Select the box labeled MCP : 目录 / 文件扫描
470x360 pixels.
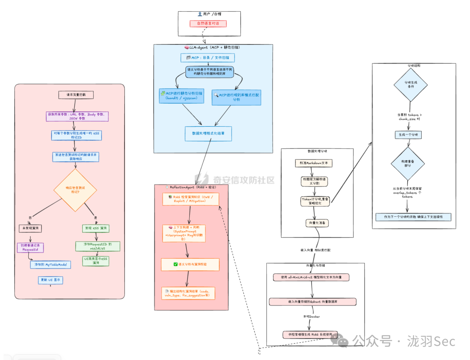point(208,57)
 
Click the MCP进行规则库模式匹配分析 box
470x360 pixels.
point(236,97)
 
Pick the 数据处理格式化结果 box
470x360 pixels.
point(208,134)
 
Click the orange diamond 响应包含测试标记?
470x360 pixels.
point(75,190)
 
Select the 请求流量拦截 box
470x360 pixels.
point(76,94)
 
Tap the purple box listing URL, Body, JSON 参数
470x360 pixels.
point(77,116)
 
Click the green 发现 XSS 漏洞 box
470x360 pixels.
point(96,228)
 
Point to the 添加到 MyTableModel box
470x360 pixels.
point(50,264)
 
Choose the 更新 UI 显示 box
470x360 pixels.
point(50,280)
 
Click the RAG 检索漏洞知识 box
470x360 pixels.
point(190,199)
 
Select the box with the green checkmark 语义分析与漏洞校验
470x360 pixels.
point(190,264)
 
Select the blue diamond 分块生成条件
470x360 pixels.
point(410,84)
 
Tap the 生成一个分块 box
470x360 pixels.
point(408,135)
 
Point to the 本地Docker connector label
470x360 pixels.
point(312,316)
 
